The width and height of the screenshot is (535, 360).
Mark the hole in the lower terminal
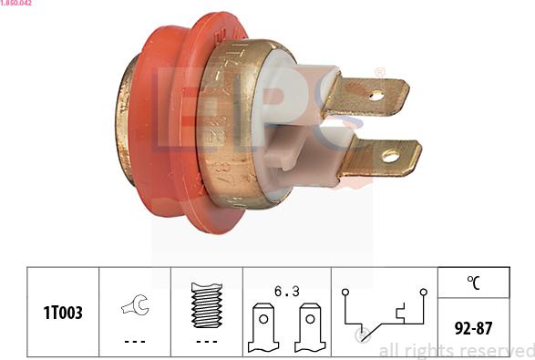coord(390,156)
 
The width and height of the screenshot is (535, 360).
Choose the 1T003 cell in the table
coord(63,313)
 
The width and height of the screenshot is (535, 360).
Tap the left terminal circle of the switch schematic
coord(345,293)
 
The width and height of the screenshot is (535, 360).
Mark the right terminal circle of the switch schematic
coord(423,293)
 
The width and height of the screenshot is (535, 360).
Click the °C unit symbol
coord(473,283)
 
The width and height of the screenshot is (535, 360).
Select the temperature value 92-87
coord(473,326)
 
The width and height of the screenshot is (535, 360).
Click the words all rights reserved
coord(456,350)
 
